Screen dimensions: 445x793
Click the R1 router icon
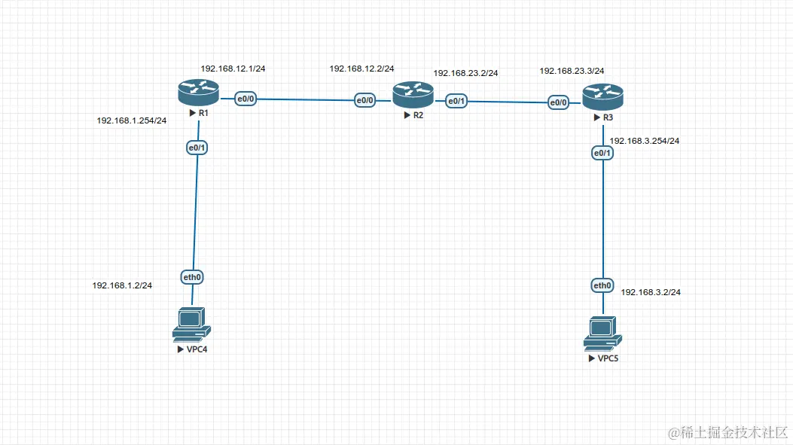198,93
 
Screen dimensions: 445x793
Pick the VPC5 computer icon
602,334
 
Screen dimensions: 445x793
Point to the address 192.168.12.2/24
361,69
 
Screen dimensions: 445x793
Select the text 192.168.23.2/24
465,73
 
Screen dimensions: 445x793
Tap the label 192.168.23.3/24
572,71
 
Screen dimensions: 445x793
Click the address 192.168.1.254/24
132,120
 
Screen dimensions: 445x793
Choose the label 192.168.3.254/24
645,141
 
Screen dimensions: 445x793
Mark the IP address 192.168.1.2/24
122,285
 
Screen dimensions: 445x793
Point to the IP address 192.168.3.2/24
651,291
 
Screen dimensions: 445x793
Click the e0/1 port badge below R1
197,148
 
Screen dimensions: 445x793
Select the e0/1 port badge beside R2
456,101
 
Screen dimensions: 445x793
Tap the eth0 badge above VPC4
192,277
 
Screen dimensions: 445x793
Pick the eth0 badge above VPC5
602,285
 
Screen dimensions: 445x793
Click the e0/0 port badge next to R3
558,103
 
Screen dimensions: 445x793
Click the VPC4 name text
195,349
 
